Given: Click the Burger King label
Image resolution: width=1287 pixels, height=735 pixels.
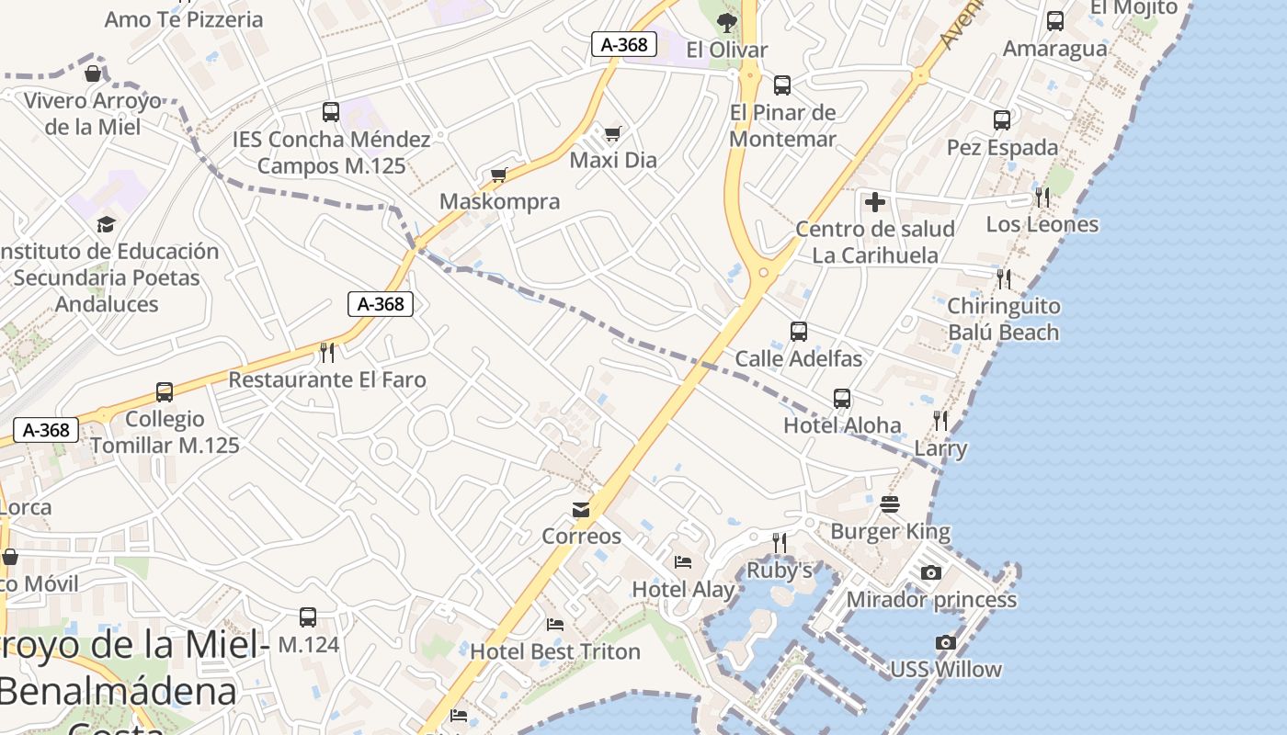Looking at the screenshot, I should [890, 531].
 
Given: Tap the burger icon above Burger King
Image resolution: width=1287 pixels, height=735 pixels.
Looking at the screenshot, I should [889, 504].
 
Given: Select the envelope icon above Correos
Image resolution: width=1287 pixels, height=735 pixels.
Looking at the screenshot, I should [581, 510].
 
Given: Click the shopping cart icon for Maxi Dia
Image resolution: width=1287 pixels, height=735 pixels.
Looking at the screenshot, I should [613, 134].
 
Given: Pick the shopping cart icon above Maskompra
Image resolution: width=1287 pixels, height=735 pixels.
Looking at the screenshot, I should [499, 175].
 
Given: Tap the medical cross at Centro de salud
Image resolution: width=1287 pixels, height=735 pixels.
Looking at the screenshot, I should [875, 201].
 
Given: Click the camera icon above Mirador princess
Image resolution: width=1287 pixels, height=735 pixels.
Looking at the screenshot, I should [931, 573].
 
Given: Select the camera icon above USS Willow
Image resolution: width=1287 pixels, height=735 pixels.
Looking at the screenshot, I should [945, 643].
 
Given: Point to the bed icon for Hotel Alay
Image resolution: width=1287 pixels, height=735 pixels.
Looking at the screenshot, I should [683, 562].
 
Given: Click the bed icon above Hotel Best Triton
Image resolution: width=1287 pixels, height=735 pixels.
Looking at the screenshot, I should [555, 625].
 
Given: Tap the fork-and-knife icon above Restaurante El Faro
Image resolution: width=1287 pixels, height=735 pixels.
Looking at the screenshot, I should [326, 352].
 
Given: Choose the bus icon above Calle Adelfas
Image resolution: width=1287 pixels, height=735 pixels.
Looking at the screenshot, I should [799, 332].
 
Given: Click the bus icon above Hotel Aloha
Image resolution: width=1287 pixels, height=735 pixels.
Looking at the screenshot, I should [842, 399].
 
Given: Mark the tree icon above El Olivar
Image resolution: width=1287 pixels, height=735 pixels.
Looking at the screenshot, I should [727, 22].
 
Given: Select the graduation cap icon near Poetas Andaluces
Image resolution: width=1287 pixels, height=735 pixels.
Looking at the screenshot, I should [107, 224].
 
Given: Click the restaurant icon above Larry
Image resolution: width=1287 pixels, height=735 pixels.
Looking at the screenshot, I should [940, 421].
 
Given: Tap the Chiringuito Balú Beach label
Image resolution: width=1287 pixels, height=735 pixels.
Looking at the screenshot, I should [1003, 319].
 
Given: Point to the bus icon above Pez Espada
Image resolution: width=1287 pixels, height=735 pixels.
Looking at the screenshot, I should [1002, 120].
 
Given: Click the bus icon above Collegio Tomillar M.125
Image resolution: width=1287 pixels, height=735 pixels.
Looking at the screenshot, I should [165, 392].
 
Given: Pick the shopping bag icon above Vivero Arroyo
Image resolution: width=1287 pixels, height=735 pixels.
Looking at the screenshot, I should [93, 73].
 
